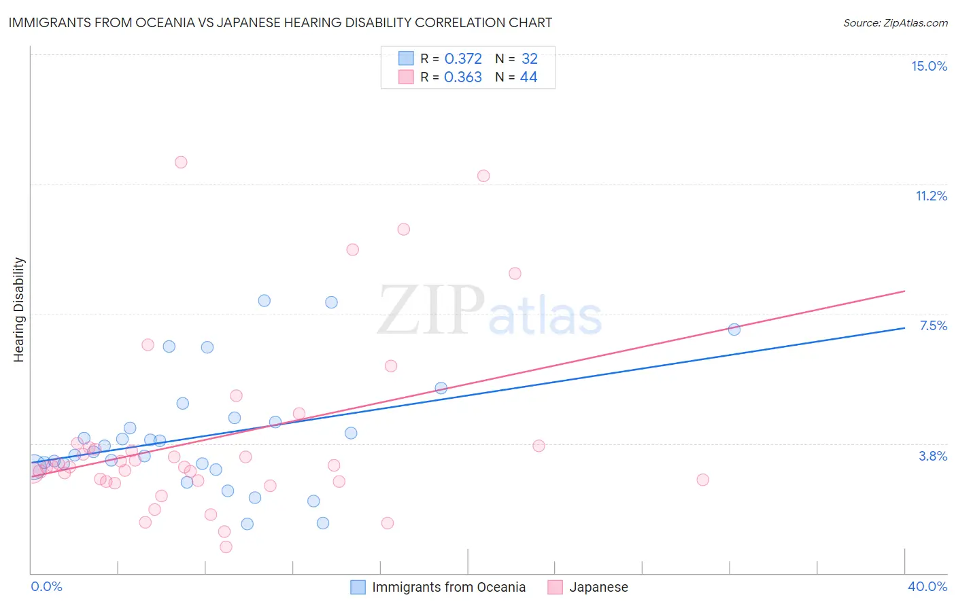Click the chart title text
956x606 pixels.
tap(280, 22)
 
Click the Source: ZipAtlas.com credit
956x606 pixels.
tap(895, 22)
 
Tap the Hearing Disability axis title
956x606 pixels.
tap(18, 310)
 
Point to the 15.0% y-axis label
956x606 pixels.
tap(929, 66)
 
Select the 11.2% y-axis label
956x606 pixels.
tap(931, 196)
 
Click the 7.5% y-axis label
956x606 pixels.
tap(933, 325)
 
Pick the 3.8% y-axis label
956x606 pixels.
tap(933, 456)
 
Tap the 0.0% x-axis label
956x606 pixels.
tap(46, 586)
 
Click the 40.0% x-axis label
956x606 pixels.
tap(927, 586)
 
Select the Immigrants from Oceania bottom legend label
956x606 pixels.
tap(449, 587)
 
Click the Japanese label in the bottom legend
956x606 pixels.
tap(598, 587)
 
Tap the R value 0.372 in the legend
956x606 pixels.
tap(463, 59)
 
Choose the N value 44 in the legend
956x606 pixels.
tap(528, 77)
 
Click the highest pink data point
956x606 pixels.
tap(181, 162)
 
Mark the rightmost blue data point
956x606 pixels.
tap(734, 329)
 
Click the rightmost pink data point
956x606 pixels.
tap(703, 480)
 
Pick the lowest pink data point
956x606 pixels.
tap(226, 547)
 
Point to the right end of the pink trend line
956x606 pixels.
tap(905, 291)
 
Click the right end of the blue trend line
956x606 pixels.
tap(905, 327)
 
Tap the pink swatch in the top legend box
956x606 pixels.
tap(406, 77)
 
